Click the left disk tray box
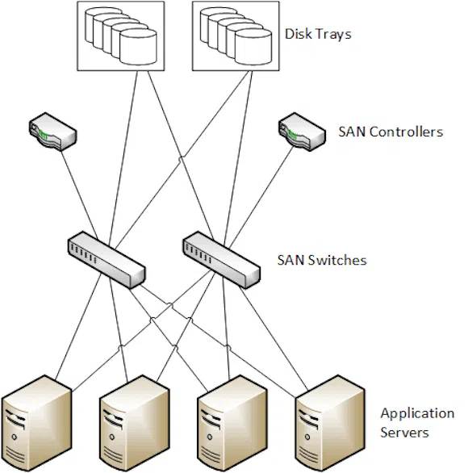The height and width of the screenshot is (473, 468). click(x=120, y=36)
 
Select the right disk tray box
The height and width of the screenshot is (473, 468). click(x=236, y=36)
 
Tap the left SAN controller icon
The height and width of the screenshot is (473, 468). click(x=52, y=132)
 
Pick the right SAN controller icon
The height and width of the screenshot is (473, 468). click(x=302, y=132)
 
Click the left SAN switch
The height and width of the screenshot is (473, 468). click(x=107, y=260)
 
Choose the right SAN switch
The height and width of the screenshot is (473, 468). click(x=221, y=260)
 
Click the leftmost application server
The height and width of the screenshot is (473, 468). click(x=36, y=424)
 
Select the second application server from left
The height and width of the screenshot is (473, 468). click(x=135, y=424)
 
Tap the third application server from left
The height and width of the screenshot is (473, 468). click(x=232, y=424)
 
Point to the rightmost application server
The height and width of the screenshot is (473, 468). click(x=330, y=424)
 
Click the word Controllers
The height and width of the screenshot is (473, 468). click(x=407, y=132)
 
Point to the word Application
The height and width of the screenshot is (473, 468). click(x=417, y=414)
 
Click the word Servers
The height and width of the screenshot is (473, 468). click(x=404, y=433)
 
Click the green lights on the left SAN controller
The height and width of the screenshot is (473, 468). click(x=44, y=135)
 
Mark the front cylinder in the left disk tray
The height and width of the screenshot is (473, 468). click(x=138, y=47)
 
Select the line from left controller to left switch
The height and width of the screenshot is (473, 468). click(x=80, y=195)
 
